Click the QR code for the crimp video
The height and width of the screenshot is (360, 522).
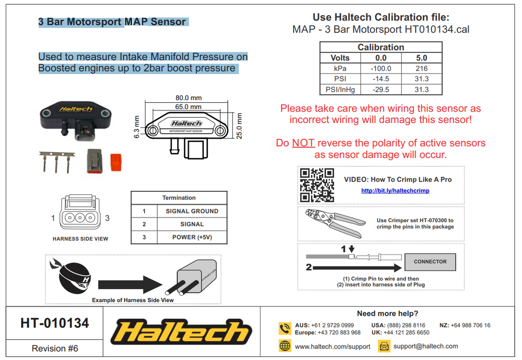[317, 185]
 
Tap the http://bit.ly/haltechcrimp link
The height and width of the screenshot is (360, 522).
[395, 191]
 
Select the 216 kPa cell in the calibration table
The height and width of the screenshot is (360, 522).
[422, 68]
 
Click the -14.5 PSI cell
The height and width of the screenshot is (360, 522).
[381, 79]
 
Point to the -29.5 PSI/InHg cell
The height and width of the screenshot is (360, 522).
[381, 89]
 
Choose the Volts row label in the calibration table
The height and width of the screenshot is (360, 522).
[340, 58]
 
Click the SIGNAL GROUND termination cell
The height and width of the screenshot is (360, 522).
[192, 211]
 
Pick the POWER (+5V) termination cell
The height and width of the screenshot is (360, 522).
[192, 238]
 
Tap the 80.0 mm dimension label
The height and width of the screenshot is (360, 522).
[189, 98]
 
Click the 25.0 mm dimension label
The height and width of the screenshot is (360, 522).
[238, 125]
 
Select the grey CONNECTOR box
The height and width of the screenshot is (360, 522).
[430, 262]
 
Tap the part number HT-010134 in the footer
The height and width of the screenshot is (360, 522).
[55, 323]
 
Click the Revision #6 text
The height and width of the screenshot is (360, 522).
[55, 348]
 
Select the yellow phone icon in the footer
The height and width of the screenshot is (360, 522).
[285, 328]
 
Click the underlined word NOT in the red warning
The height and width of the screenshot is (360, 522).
[303, 143]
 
